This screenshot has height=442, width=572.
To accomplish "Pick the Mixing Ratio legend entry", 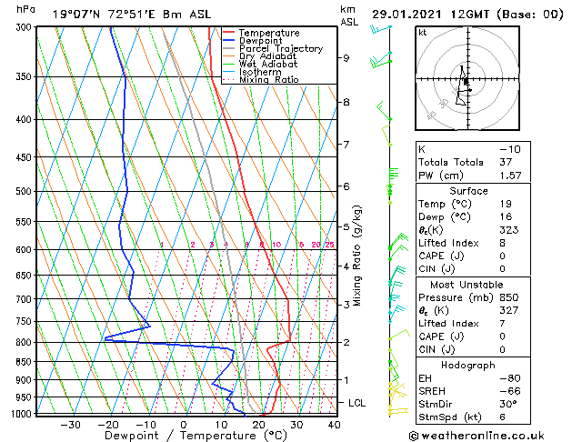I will tap(263, 80).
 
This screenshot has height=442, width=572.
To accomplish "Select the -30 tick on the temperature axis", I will tap(70, 424).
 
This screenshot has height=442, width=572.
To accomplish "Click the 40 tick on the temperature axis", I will tap(335, 424).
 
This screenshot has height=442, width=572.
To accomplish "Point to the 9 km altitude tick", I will tap(346, 58).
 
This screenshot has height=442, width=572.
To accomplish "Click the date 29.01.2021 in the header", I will tap(410, 14).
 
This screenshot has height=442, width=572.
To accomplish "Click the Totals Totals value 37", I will tap(505, 162).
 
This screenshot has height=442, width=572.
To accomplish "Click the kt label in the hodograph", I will tap(422, 32).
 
